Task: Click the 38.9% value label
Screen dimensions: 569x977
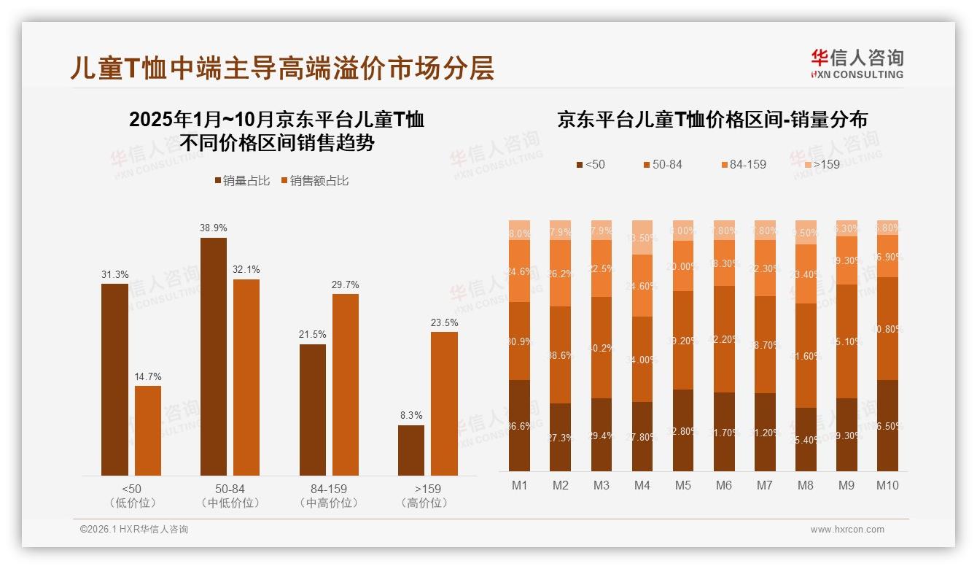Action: click(x=213, y=228)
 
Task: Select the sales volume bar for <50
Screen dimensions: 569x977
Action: click(x=114, y=379)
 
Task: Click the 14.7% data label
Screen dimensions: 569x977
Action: click(x=148, y=376)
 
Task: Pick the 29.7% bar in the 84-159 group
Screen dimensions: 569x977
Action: click(x=346, y=384)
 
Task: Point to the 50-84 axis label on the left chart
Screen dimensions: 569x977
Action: click(x=230, y=489)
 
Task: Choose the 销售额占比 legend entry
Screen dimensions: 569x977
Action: click(x=314, y=181)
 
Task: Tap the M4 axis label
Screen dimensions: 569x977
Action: click(x=642, y=485)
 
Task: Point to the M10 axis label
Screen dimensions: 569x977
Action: click(x=887, y=485)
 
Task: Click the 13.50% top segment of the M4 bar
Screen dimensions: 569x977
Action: click(x=642, y=237)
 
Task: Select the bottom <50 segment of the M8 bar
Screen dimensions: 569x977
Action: click(x=806, y=439)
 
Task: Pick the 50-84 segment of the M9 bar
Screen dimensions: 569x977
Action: click(x=846, y=341)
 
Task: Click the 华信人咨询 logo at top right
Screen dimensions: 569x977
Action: click(x=857, y=63)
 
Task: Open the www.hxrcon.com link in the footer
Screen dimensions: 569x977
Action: click(x=847, y=530)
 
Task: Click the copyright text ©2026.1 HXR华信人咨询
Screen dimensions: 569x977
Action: click(x=133, y=530)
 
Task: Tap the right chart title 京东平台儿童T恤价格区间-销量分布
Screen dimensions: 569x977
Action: click(x=712, y=120)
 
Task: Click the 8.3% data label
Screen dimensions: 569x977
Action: click(x=411, y=415)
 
